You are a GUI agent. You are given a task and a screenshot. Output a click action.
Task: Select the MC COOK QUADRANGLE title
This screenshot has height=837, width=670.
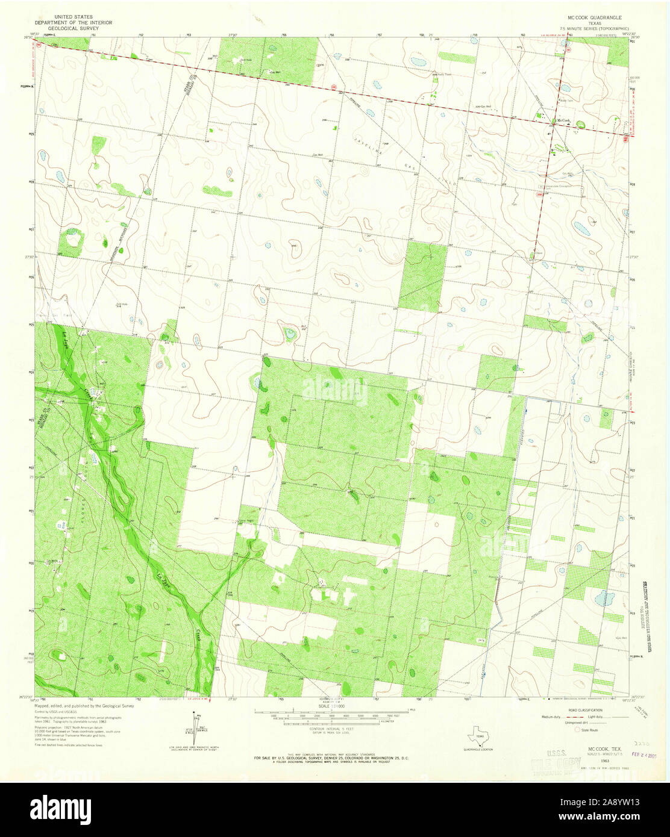(593, 19)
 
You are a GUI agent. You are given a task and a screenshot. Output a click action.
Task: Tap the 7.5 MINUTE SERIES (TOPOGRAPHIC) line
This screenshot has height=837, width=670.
(594, 28)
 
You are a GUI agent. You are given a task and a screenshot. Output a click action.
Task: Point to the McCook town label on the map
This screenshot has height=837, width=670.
(563, 121)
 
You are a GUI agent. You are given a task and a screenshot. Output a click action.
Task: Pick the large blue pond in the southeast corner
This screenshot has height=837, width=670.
(600, 598)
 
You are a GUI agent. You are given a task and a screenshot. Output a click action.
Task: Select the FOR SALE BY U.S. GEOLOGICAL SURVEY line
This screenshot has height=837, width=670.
(331, 757)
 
